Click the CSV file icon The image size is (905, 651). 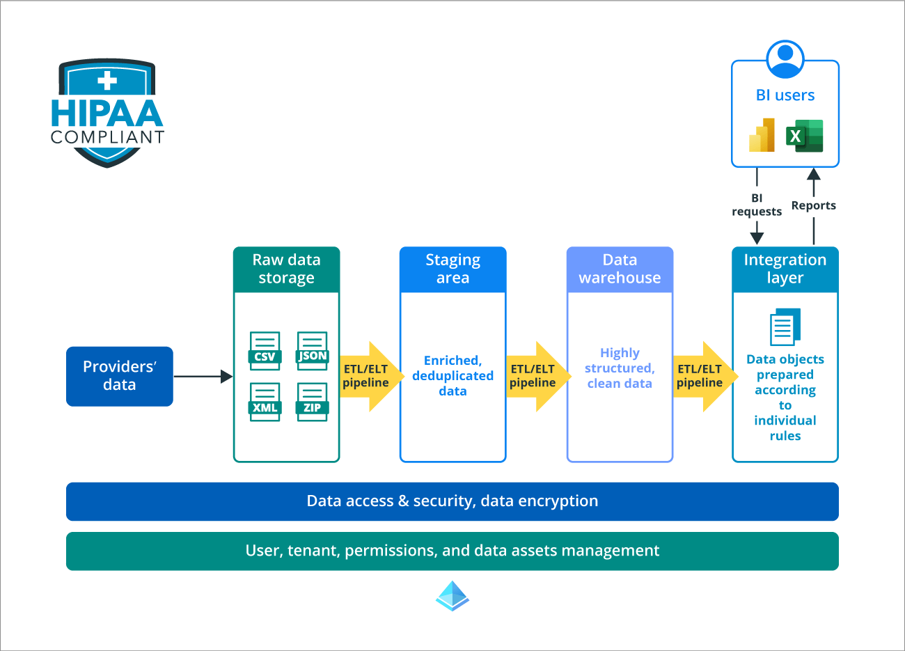pos(265,350)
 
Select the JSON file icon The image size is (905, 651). pos(312,350)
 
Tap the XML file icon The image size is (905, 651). pos(265,402)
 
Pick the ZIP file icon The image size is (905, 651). pos(312,402)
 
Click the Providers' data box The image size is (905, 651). pos(119,376)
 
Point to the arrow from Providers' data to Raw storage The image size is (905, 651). pos(203,377)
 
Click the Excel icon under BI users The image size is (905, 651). pos(804,136)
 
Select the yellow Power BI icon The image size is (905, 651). pos(762,135)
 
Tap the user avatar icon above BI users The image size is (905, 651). pos(785,59)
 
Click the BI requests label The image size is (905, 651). pos(757,205)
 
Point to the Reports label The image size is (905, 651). pos(813,205)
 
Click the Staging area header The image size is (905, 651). pos(452,269)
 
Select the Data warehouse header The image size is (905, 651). pos(620,269)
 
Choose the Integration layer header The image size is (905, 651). pos(785,269)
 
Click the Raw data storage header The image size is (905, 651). pos(286,269)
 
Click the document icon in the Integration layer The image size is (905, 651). pos(785,327)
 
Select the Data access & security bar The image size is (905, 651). pos(452,501)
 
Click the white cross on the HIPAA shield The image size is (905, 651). pos(107,80)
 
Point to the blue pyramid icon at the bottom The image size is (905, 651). pos(452,596)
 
